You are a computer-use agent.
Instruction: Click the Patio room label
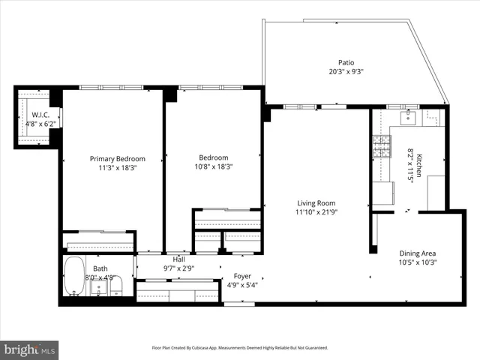pyautogui.click(x=346, y=63)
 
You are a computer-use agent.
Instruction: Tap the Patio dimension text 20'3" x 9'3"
pyautogui.click(x=346, y=73)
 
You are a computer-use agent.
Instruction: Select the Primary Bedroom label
pyautogui.click(x=118, y=159)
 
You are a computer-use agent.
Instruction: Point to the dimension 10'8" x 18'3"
pyautogui.click(x=214, y=167)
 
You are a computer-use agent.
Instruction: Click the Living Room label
pyautogui.click(x=316, y=203)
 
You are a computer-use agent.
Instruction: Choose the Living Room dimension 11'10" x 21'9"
pyautogui.click(x=316, y=213)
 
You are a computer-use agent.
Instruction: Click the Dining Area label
pyautogui.click(x=418, y=253)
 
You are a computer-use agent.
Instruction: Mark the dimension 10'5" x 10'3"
pyautogui.click(x=418, y=262)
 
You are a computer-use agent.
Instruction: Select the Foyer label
pyautogui.click(x=242, y=275)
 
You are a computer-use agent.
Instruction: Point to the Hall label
pyautogui.click(x=179, y=259)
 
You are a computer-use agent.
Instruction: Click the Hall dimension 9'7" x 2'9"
pyautogui.click(x=179, y=268)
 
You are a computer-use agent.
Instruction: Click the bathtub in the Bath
pyautogui.click(x=73, y=275)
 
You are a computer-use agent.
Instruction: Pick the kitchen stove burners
pyautogui.click(x=382, y=148)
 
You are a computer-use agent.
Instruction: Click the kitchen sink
pyautogui.click(x=409, y=117)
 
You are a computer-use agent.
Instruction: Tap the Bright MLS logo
pyautogui.click(x=29, y=349)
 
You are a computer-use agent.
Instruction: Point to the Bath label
pyautogui.click(x=100, y=268)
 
